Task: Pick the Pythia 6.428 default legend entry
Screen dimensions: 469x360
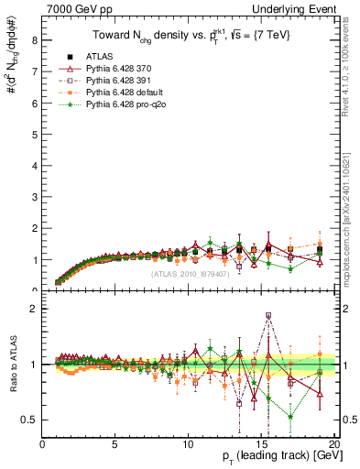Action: [x=115, y=93]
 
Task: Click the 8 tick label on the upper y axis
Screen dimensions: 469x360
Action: [x=34, y=40]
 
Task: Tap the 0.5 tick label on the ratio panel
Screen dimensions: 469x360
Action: [x=30, y=420]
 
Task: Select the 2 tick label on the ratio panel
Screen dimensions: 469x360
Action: [x=34, y=308]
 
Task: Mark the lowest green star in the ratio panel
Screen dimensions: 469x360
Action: [x=290, y=417]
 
